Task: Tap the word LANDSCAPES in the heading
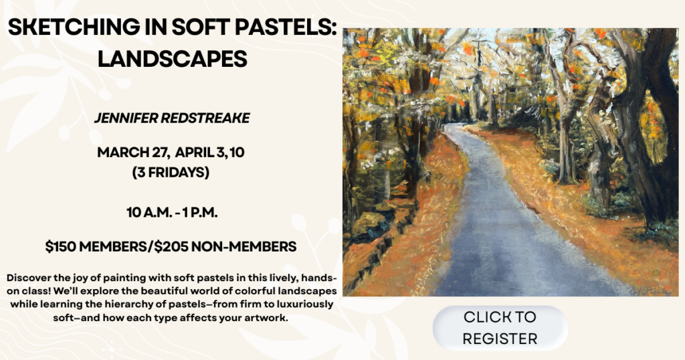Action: click(x=173, y=59)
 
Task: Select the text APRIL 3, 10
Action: click(x=209, y=153)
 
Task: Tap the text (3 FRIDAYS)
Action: click(x=171, y=173)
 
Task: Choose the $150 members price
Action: click(x=97, y=247)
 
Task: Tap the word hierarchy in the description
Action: click(x=112, y=304)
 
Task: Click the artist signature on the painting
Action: click(x=651, y=291)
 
